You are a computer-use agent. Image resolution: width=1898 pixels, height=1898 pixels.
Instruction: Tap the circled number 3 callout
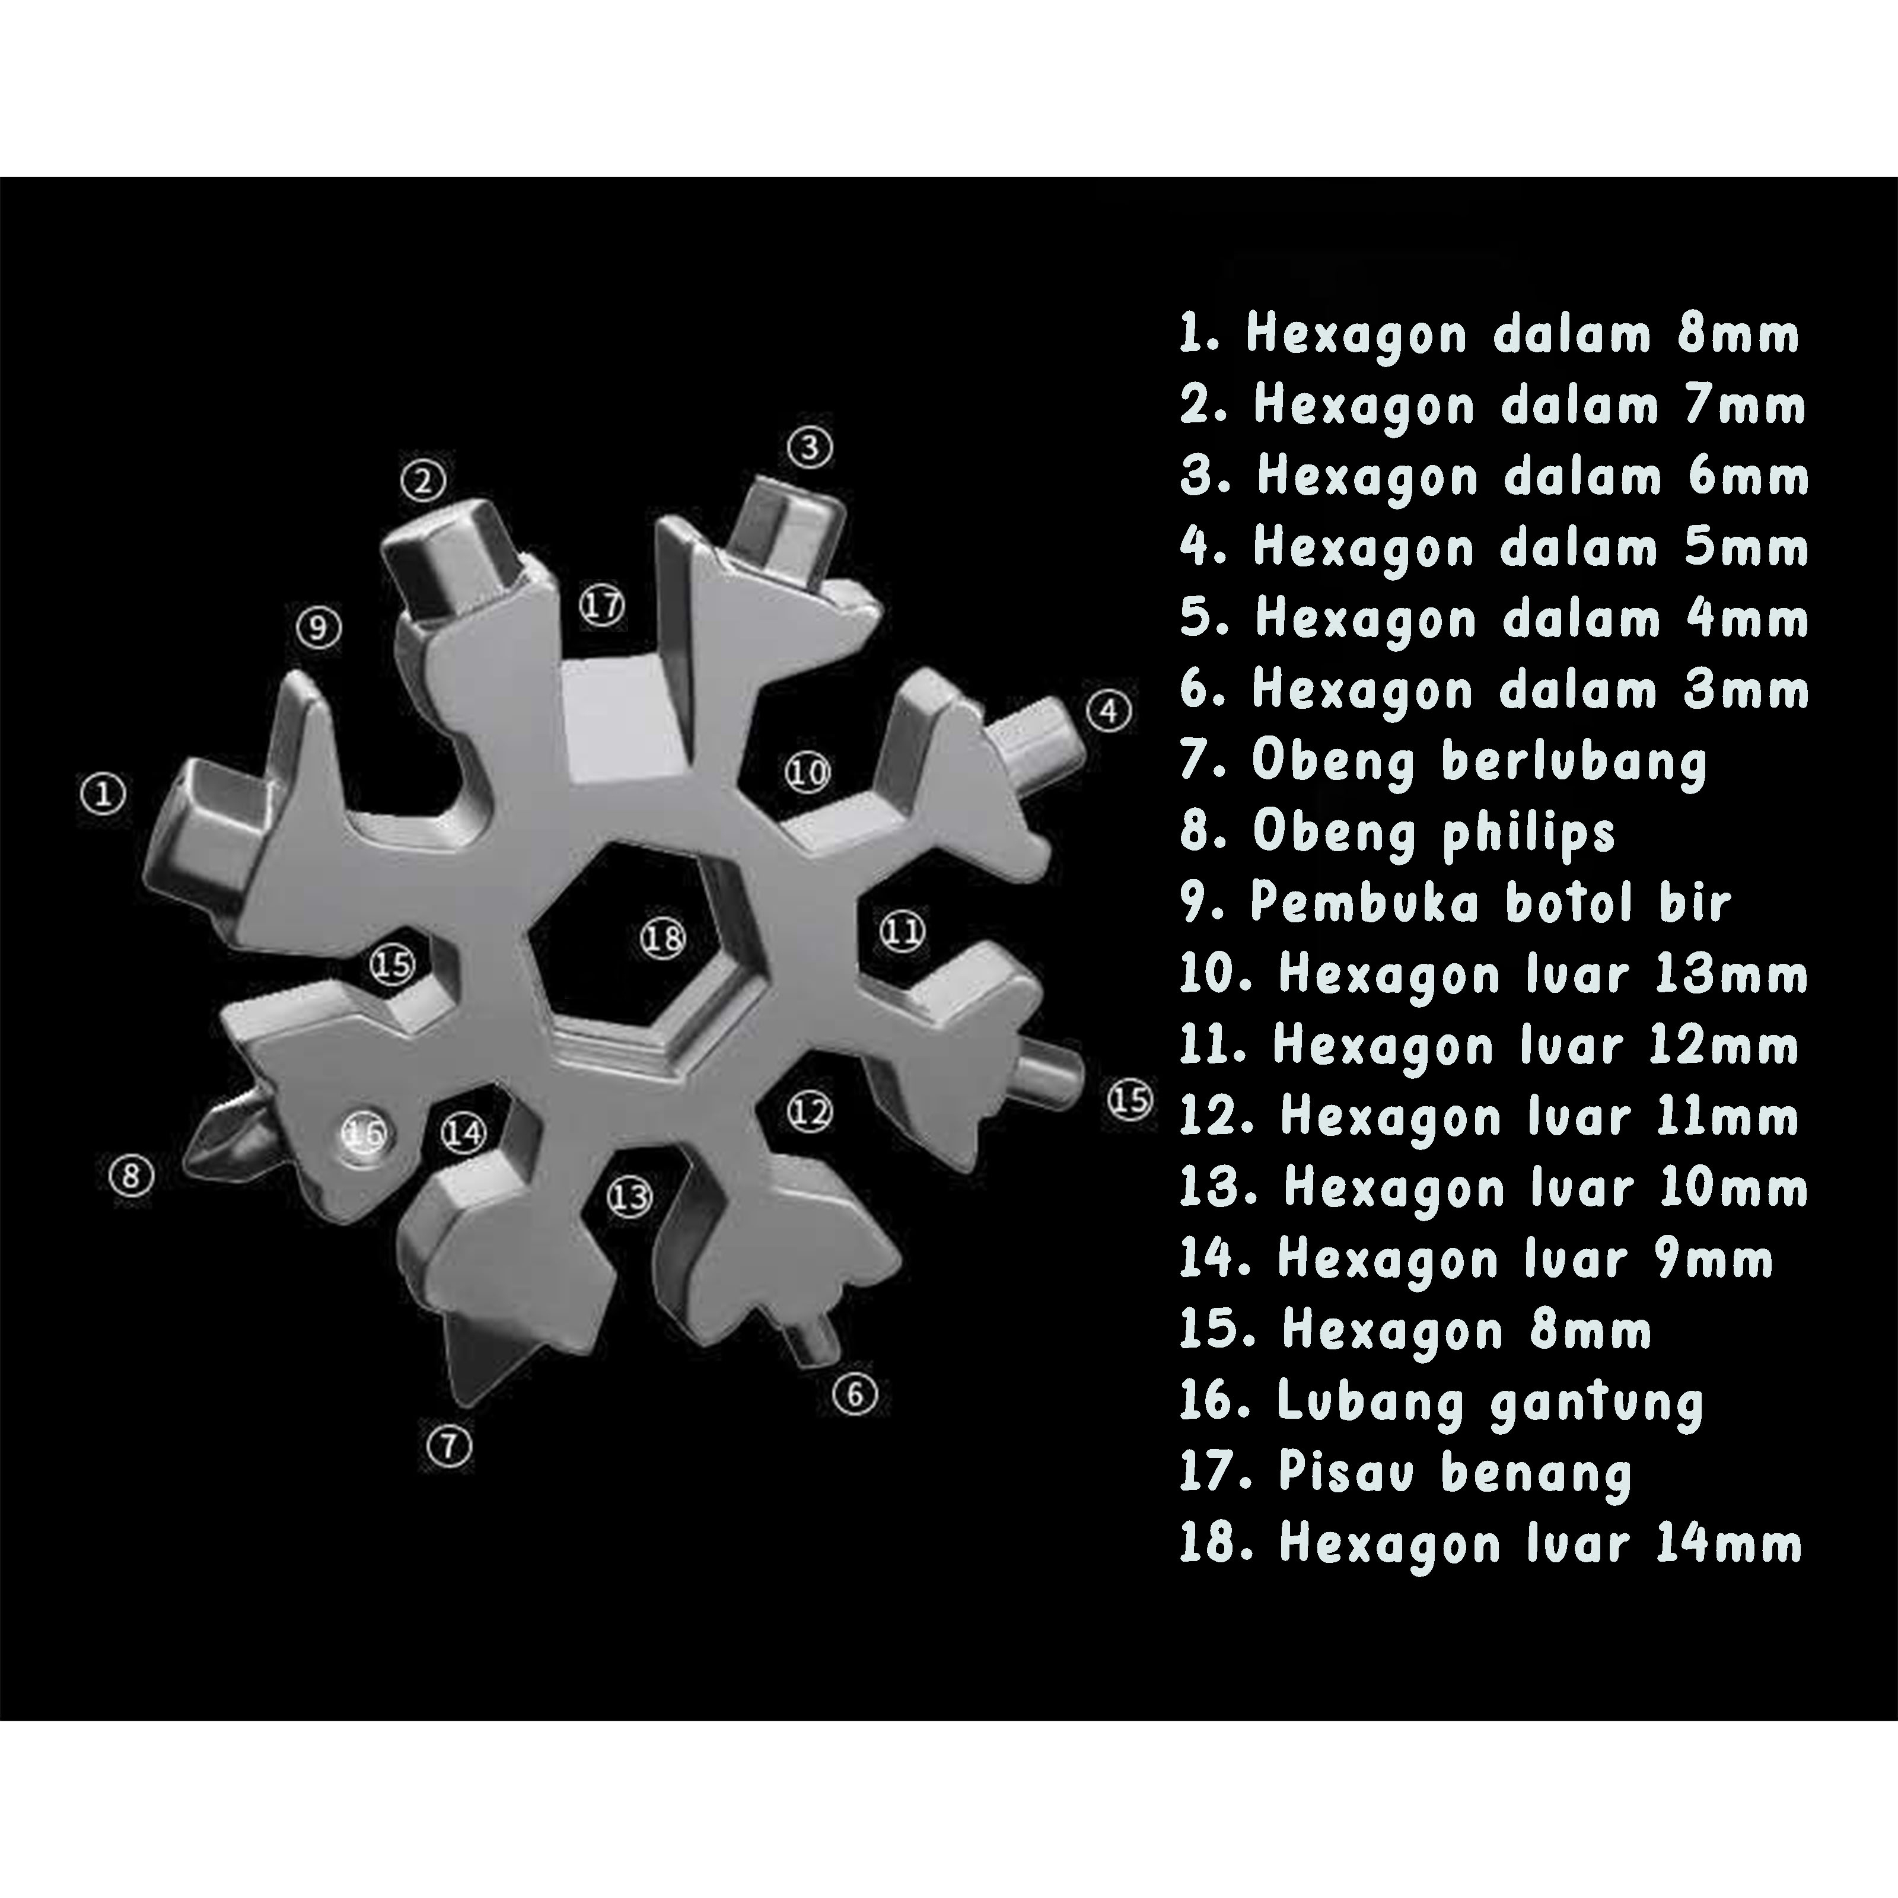[x=810, y=448]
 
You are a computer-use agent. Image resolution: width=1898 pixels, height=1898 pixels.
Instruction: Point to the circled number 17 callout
[x=601, y=605]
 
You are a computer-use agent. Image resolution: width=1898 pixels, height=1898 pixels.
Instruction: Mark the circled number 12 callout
[x=810, y=1112]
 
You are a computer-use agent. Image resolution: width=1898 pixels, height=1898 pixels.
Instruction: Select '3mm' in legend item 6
[x=1746, y=690]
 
